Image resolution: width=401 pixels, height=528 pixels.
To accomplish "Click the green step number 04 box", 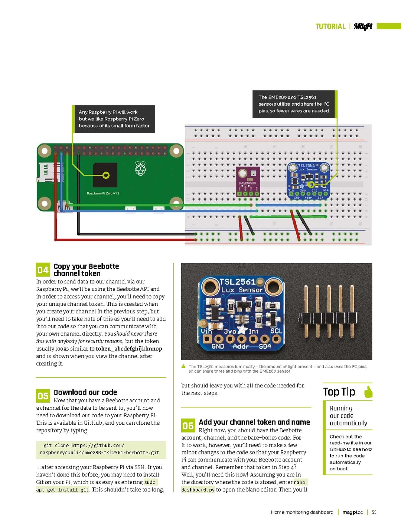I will [43, 270].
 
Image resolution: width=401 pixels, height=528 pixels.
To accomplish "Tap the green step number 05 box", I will [43, 396].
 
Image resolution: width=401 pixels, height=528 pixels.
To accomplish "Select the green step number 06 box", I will [188, 425].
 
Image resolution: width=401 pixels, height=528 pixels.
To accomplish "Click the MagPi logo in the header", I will [363, 26].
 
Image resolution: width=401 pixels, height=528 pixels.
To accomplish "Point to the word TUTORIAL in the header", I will [330, 26].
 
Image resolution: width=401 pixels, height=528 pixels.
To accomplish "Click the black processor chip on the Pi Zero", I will [105, 175].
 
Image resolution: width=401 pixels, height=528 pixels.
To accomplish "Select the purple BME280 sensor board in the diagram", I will [248, 181].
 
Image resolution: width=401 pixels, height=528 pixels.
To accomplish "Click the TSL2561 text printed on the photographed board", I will [238, 282].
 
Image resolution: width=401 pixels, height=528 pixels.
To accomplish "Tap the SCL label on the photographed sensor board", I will [276, 331].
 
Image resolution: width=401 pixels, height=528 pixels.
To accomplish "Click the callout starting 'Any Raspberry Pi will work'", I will [114, 119].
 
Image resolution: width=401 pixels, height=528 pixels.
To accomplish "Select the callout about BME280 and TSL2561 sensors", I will [294, 104].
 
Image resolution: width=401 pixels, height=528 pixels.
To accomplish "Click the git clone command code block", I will [101, 449].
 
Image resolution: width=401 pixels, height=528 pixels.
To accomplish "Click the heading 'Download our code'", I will [85, 392].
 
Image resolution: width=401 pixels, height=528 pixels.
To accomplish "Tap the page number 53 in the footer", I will [374, 512].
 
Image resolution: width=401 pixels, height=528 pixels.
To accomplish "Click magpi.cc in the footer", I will [352, 512].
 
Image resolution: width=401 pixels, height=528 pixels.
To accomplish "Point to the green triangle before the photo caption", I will [183, 366].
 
